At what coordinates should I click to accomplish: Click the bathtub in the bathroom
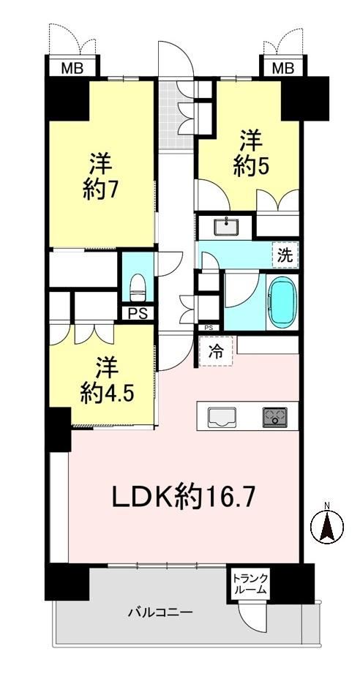pyautogui.click(x=283, y=303)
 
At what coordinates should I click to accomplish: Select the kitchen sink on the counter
pyautogui.click(x=222, y=416)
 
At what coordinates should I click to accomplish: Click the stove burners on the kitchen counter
pyautogui.click(x=275, y=417)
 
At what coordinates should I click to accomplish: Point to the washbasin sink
pyautogui.click(x=225, y=227)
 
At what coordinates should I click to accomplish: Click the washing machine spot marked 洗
pyautogui.click(x=285, y=255)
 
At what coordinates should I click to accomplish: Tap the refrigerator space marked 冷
pyautogui.click(x=216, y=351)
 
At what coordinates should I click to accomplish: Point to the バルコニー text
pyautogui.click(x=160, y=612)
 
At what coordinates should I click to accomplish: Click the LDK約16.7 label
pyautogui.click(x=184, y=498)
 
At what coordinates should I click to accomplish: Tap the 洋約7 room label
pyautogui.click(x=102, y=178)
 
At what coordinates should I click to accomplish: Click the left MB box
pyautogui.click(x=72, y=68)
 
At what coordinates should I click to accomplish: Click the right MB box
pyautogui.click(x=283, y=68)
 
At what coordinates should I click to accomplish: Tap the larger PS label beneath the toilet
pyautogui.click(x=138, y=314)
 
